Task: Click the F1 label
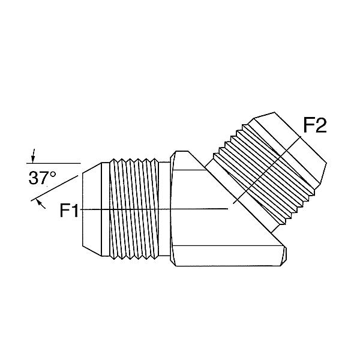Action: pos(69,211)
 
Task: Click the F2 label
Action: pos(315,126)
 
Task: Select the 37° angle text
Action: pos(42,178)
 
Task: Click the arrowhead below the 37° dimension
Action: pos(40,202)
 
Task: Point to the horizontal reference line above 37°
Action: pos(53,163)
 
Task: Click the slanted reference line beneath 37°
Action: pos(55,188)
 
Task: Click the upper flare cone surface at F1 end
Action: pos(92,168)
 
